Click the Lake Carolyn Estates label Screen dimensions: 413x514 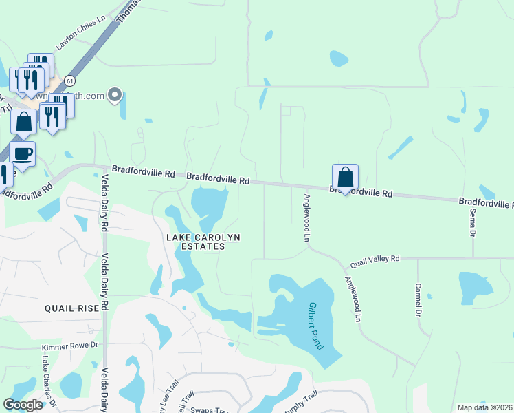click(x=203, y=242)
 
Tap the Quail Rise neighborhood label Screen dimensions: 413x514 click(x=72, y=308)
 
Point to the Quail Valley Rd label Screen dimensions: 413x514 click(x=375, y=260)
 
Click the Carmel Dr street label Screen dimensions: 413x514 click(x=418, y=299)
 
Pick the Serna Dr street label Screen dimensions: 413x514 click(x=473, y=224)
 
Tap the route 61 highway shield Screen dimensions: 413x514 click(x=70, y=81)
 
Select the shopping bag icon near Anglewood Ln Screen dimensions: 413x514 click(x=345, y=177)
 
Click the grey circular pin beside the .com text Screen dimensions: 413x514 click(x=115, y=95)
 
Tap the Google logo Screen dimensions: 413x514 click(x=23, y=405)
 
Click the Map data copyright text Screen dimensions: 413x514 click(x=484, y=407)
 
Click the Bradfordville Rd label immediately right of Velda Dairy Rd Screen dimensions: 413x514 click(x=142, y=173)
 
